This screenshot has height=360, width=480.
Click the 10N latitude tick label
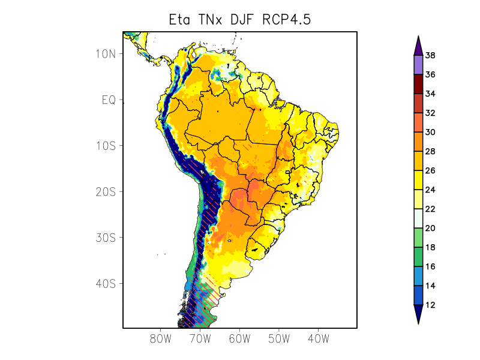(105, 53)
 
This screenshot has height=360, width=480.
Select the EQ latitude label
(109, 100)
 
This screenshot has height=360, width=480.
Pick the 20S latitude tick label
(105, 191)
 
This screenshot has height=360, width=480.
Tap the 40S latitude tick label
(105, 283)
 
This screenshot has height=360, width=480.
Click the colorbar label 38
(430, 55)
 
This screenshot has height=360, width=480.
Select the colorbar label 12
(430, 305)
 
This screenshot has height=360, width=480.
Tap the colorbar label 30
(430, 132)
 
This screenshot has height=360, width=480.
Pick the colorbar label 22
(430, 209)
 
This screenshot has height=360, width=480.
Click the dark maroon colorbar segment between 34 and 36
(418, 84)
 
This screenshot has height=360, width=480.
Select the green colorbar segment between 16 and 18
(418, 257)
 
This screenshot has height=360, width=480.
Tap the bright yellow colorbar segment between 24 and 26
(418, 180)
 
